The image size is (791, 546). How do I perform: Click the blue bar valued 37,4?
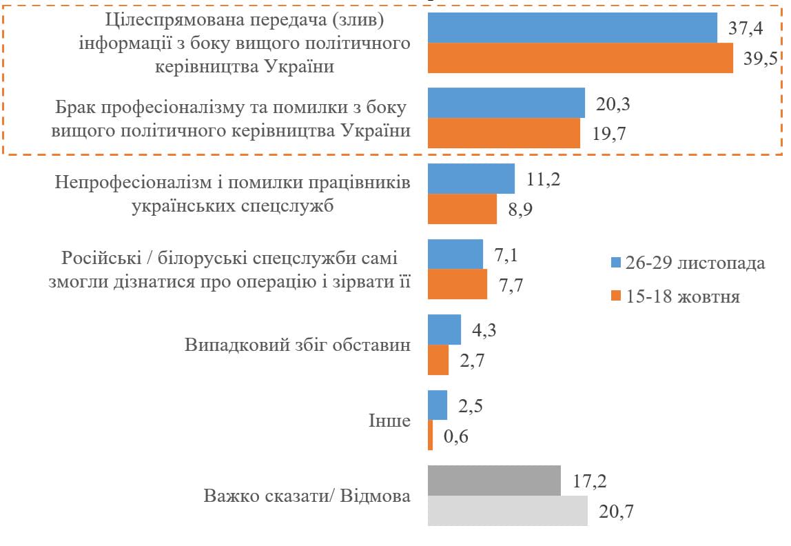[x=573, y=28]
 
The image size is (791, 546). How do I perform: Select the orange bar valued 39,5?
[x=580, y=58]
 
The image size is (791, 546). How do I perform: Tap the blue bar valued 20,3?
[x=506, y=103]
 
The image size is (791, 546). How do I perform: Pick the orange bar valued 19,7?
[x=504, y=133]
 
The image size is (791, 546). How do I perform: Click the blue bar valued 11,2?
[x=471, y=179]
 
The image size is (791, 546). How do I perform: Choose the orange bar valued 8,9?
[x=462, y=209]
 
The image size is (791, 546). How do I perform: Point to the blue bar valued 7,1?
[x=455, y=254]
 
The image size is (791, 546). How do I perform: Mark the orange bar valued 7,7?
[x=458, y=284]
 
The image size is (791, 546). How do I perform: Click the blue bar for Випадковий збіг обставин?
[x=444, y=330]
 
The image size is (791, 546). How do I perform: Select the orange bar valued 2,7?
[x=438, y=361]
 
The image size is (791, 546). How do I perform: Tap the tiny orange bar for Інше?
[x=431, y=436]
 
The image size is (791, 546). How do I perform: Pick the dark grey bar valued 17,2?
[x=494, y=481]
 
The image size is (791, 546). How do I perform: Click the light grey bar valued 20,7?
[x=508, y=511]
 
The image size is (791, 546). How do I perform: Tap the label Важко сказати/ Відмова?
[x=307, y=496]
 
